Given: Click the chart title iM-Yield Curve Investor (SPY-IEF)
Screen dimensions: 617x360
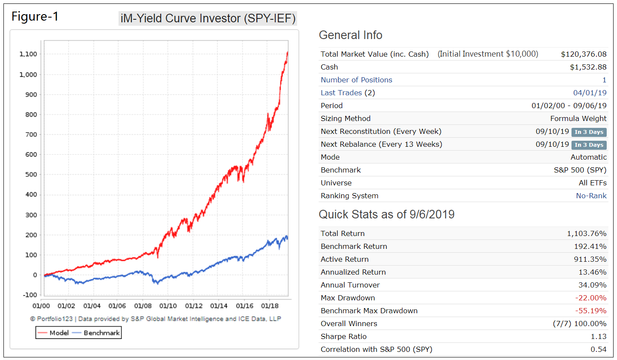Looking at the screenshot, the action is point(208,18).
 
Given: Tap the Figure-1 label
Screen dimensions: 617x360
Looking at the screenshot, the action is point(35,16).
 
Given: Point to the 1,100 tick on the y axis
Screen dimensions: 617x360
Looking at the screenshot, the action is point(28,54).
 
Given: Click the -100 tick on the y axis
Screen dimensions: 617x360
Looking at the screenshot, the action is point(30,295).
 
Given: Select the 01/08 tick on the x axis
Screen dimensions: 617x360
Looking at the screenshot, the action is point(143,306).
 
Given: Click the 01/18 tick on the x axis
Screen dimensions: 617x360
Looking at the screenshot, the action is point(270,306).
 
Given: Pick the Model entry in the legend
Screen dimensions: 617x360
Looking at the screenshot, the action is point(53,333).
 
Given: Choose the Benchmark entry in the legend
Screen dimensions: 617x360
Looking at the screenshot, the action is point(96,333).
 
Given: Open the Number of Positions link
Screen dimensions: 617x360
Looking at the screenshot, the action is point(356,80).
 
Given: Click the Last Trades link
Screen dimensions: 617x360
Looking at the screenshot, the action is point(341,93).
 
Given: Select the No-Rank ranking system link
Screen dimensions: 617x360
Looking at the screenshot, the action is point(591,196).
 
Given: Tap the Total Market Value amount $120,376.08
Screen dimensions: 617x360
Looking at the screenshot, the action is point(584,54).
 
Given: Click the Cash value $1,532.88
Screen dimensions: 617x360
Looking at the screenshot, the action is point(588,67).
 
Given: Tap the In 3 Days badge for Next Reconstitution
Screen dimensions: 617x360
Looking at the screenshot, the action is point(589,132).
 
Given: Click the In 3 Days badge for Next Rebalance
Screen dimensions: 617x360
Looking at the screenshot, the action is point(589,145).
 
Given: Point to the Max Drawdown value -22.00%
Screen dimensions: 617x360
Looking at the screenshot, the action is point(591,298).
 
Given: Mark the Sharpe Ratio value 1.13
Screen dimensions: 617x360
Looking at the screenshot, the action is point(599,336).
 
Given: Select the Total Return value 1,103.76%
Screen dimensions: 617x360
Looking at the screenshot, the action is point(587,233).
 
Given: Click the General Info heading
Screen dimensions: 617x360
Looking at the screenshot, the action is point(351,35).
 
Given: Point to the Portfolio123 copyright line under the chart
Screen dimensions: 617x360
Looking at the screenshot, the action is point(155,319).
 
